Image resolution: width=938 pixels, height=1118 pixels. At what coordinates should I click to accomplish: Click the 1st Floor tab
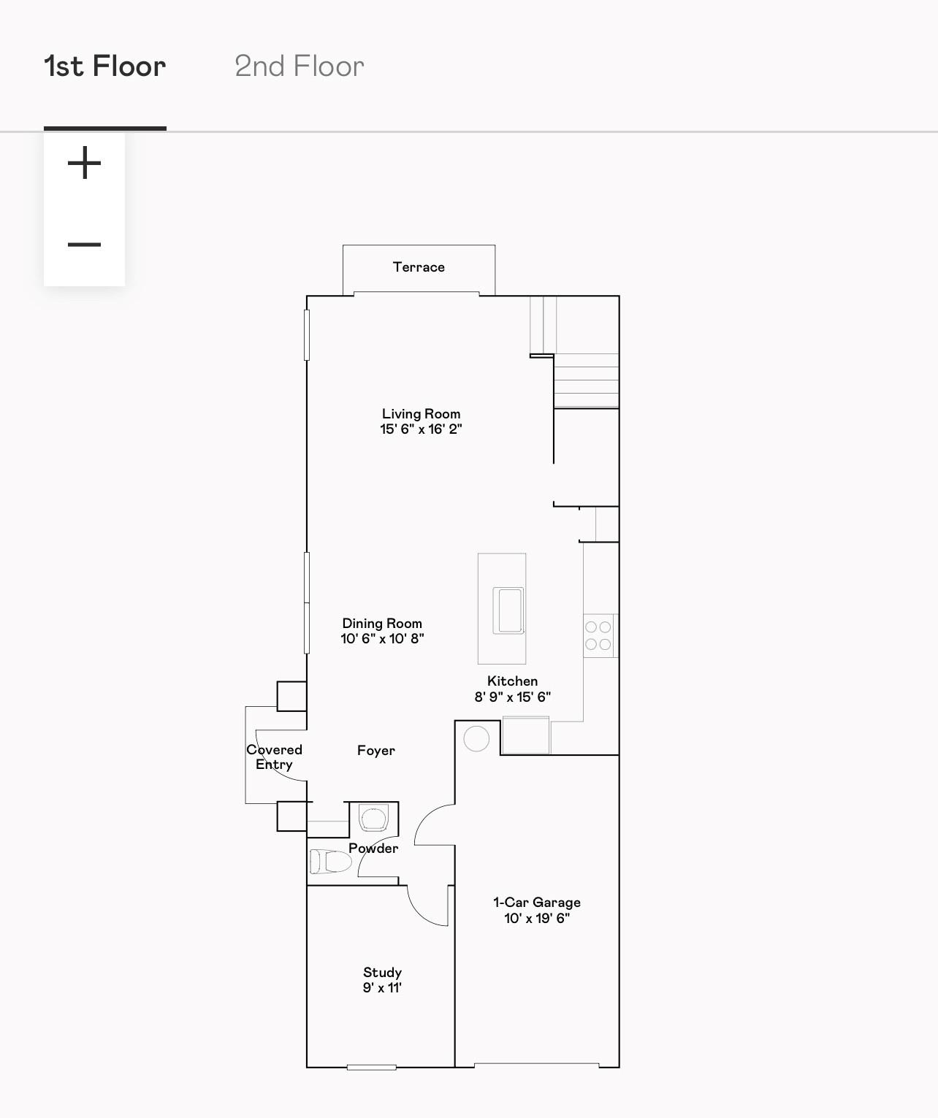[105, 66]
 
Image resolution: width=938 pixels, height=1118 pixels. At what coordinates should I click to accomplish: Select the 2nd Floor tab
[299, 66]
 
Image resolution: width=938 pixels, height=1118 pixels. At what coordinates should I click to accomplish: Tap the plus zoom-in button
[84, 163]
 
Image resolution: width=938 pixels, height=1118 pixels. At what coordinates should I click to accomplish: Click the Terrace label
[419, 267]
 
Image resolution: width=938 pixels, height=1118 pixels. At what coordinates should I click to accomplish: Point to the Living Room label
[421, 414]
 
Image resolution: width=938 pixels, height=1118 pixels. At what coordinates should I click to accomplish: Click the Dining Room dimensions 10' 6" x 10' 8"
[382, 639]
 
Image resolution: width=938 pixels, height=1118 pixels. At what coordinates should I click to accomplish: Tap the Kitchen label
[512, 681]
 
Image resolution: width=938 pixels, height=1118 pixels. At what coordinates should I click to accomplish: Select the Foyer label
[376, 751]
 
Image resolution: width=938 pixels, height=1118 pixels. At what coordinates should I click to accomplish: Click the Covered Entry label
[274, 757]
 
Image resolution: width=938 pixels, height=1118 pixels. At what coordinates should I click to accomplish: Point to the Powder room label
[373, 849]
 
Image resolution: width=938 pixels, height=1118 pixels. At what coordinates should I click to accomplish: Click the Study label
[382, 973]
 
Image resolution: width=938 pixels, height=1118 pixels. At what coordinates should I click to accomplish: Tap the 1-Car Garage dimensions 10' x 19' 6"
[537, 919]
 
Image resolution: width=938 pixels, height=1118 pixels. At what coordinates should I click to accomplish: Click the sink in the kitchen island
[508, 611]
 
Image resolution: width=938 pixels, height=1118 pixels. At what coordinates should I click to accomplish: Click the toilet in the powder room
[330, 862]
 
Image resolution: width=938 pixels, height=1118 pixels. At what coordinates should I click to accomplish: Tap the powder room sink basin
[373, 818]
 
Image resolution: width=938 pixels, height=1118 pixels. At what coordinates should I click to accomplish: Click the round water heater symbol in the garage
[476, 739]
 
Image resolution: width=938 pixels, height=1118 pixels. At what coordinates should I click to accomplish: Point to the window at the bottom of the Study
[371, 1068]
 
